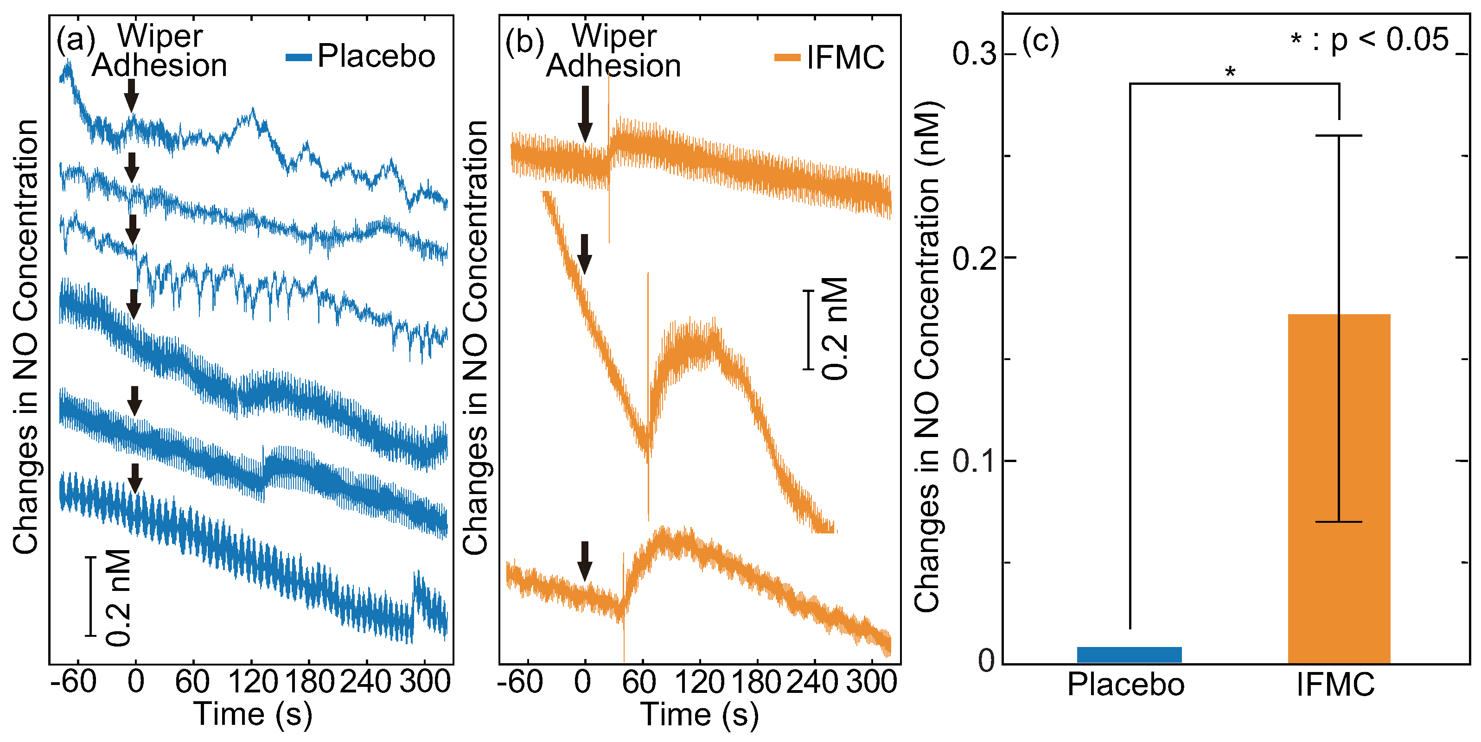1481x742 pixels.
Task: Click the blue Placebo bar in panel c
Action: click(x=1129, y=655)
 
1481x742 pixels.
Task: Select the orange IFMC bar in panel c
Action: click(x=1339, y=488)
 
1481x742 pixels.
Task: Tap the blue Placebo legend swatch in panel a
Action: click(x=299, y=57)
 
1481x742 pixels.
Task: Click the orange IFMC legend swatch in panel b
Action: click(x=787, y=57)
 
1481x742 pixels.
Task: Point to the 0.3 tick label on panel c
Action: click(x=974, y=54)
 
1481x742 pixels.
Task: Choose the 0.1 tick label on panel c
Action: click(x=974, y=461)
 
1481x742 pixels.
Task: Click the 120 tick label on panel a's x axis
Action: click(x=252, y=682)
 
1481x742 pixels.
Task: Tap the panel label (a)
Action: click(x=75, y=40)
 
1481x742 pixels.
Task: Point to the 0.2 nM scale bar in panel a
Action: click(x=91, y=596)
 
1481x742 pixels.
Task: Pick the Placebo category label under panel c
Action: click(x=1126, y=685)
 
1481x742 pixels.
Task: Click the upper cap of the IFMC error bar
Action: click(x=1339, y=136)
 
